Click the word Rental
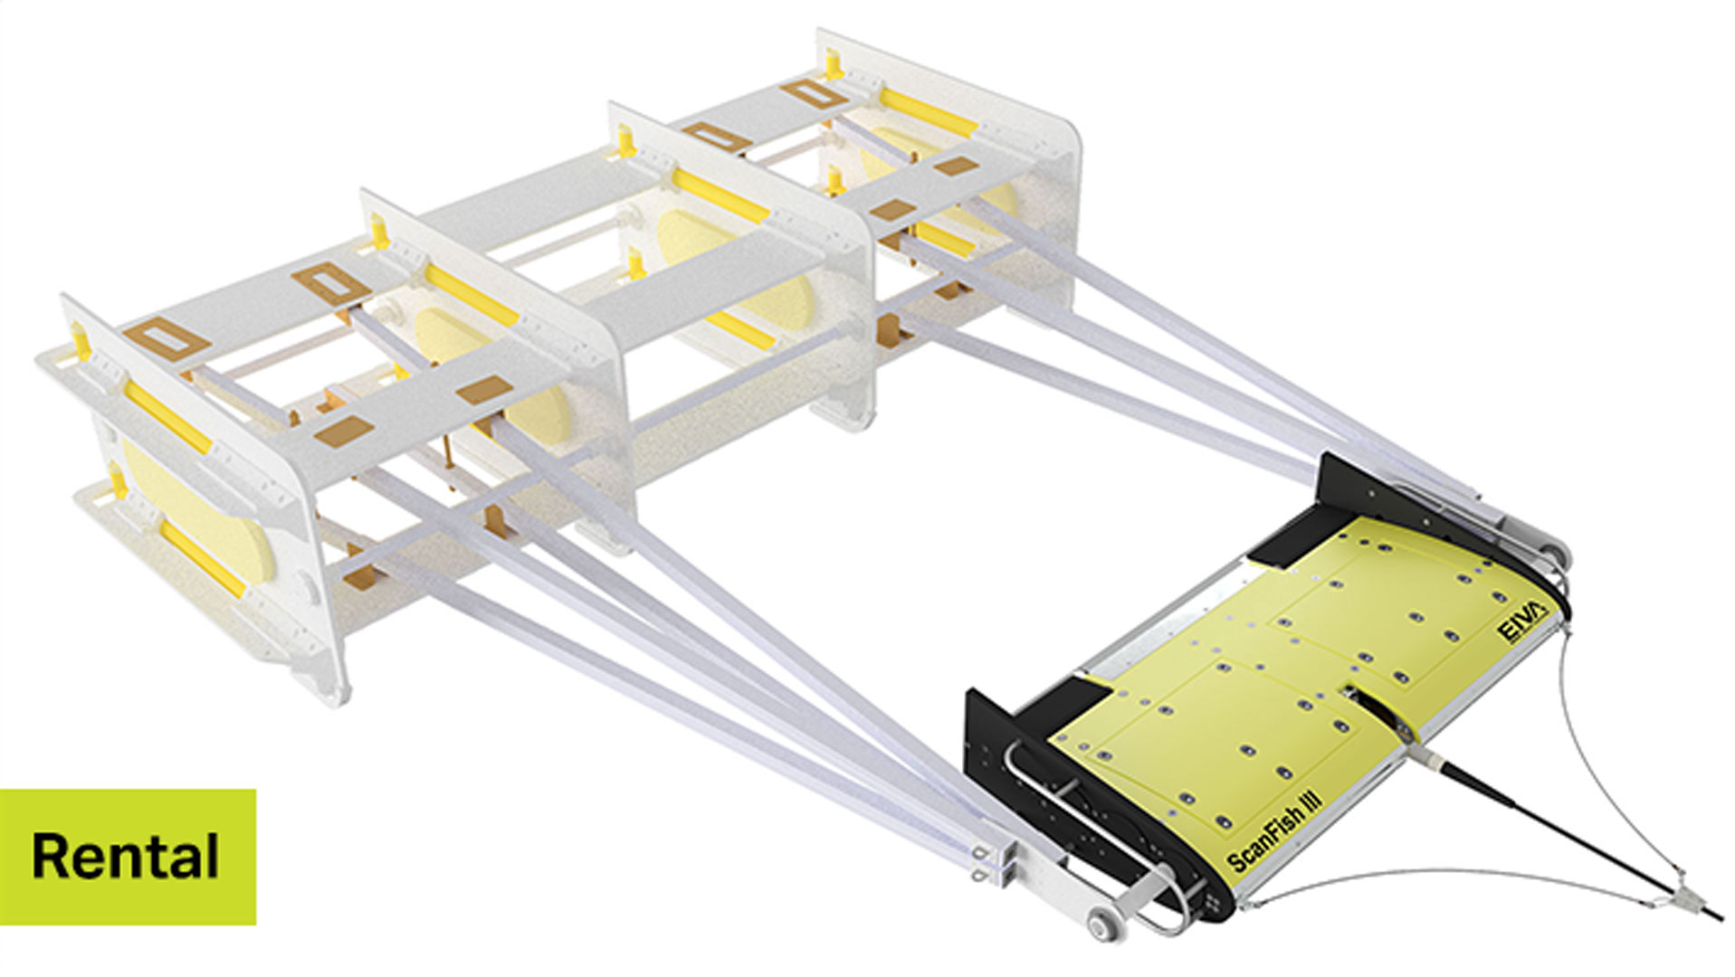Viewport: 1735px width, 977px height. pos(126,856)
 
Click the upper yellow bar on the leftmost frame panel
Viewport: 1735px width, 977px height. pos(167,416)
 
